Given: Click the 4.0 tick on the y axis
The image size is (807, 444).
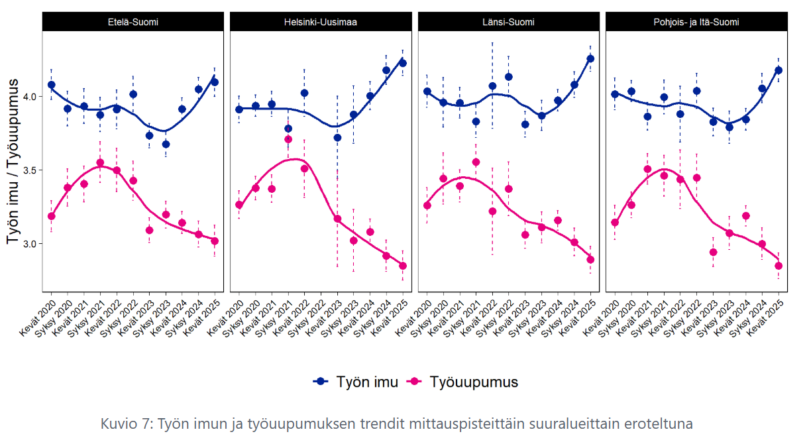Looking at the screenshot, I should click(28, 97).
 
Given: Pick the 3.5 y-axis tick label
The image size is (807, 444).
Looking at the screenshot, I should click(28, 170).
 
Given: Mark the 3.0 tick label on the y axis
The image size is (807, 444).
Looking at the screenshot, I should click(28, 244).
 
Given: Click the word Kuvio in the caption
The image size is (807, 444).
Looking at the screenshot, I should click(117, 423).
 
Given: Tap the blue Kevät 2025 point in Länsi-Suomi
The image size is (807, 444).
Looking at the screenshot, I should click(590, 58).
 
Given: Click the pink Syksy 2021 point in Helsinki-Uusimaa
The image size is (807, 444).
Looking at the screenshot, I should click(288, 139).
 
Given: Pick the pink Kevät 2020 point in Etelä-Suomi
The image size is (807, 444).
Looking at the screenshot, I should click(52, 216).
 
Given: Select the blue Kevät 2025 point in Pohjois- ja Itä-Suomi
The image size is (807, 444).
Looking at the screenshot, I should click(779, 70).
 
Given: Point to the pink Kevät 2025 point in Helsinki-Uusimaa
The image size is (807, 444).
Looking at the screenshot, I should click(403, 266).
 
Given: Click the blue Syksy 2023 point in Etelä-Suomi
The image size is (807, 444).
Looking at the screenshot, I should click(166, 144).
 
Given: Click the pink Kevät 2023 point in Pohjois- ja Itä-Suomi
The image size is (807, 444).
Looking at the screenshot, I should click(714, 252).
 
